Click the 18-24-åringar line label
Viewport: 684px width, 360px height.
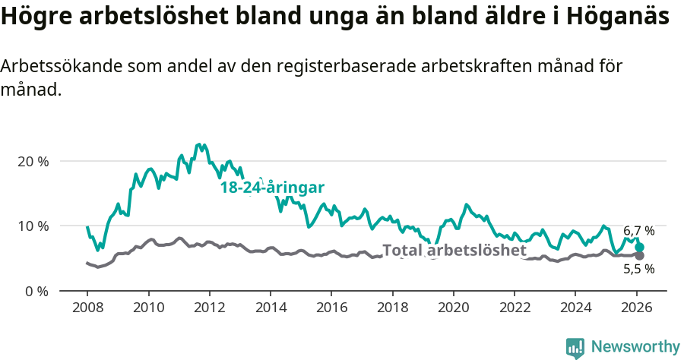[273, 188]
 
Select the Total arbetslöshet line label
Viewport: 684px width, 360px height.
[454, 251]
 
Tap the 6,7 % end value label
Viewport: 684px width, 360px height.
[638, 231]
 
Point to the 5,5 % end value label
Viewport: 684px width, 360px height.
[638, 269]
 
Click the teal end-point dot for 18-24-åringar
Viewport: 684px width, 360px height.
[639, 248]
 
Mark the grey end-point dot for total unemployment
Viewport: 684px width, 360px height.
[639, 255]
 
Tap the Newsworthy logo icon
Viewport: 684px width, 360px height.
[575, 348]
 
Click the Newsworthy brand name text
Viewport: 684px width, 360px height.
[635, 347]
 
